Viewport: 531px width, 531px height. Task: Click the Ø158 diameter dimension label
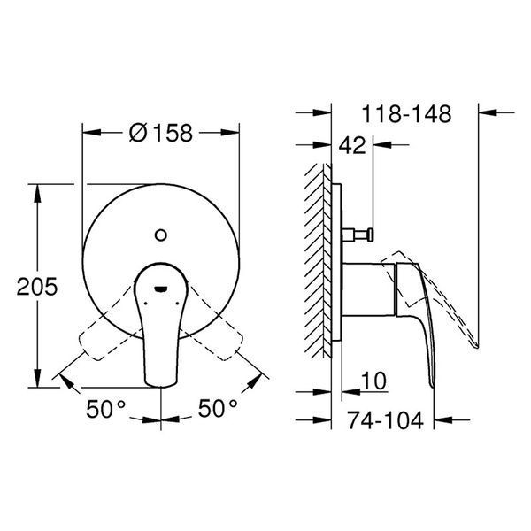coord(161,133)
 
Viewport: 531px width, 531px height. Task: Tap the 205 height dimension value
coord(37,287)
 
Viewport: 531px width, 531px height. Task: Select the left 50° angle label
coord(106,409)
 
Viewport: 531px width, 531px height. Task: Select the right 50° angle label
coord(218,408)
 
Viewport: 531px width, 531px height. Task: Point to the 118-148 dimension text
coord(407,114)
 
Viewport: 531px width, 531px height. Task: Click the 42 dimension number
coord(352,146)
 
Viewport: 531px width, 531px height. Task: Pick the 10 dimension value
coord(373,381)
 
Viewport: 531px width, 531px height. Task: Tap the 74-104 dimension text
coord(386,420)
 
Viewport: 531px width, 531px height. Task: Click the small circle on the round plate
coord(160,235)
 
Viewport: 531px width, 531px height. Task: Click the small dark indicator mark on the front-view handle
coord(160,289)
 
